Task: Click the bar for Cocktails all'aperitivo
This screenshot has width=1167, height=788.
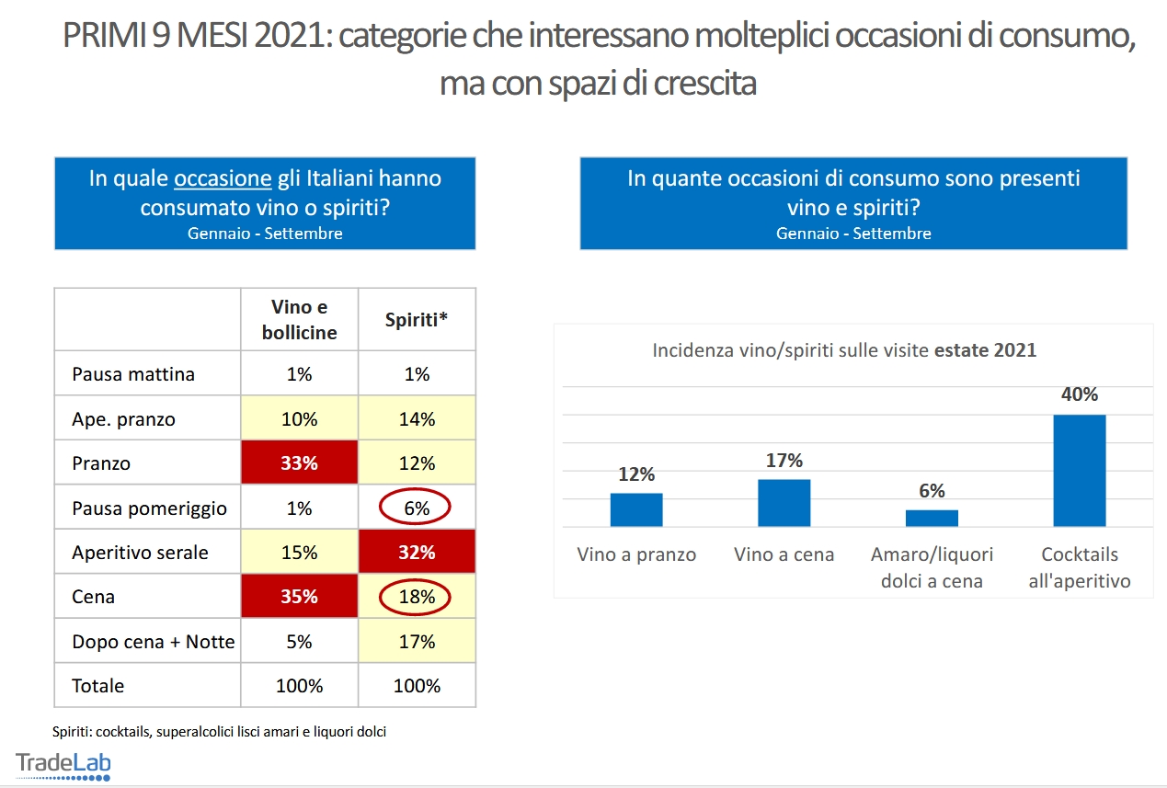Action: (x=1079, y=470)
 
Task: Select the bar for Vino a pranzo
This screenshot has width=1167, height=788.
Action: (x=636, y=509)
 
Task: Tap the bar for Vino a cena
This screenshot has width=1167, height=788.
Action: (x=784, y=502)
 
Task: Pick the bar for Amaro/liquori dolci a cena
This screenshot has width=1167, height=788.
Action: (x=932, y=518)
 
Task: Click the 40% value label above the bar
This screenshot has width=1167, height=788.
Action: (x=1079, y=394)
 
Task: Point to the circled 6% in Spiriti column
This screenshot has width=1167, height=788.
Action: (x=417, y=508)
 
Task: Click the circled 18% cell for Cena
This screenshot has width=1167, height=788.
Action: (x=417, y=597)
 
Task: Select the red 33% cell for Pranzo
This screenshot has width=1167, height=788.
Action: (x=299, y=463)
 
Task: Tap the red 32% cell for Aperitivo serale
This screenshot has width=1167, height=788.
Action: (x=417, y=553)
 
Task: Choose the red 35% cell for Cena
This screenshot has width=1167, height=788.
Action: (x=299, y=597)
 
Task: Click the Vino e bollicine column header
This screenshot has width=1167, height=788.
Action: (x=299, y=319)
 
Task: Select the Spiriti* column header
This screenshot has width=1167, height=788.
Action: (x=417, y=319)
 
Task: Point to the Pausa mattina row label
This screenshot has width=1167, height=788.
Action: (x=133, y=374)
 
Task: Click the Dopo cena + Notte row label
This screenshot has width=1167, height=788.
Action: (x=154, y=642)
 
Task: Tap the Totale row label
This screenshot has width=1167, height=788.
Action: (x=98, y=686)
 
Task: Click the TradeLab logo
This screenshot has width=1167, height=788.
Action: (x=63, y=765)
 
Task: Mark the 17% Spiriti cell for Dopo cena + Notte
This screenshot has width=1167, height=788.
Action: (x=417, y=642)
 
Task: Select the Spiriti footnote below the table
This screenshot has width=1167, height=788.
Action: (x=219, y=732)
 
